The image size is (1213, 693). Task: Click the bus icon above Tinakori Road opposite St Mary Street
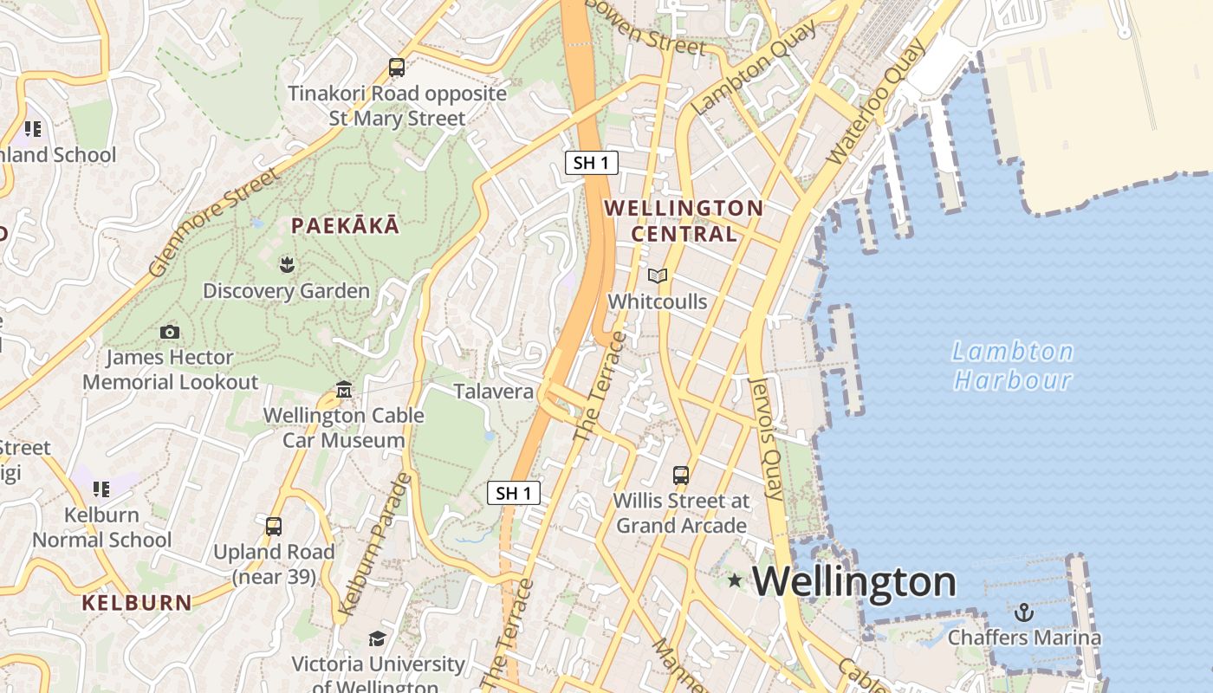tap(397, 68)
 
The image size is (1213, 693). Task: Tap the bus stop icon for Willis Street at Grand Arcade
tap(681, 475)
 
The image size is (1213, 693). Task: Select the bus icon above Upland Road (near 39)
tap(274, 526)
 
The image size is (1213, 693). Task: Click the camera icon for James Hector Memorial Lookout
tap(170, 332)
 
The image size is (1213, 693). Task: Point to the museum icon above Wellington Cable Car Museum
tap(344, 390)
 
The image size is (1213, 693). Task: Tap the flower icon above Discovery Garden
tap(286, 264)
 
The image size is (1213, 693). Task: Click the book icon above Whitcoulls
tap(658, 275)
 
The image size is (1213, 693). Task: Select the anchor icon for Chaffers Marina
tap(1024, 612)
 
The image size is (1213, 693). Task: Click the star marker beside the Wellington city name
tap(735, 580)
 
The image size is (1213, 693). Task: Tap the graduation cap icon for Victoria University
tap(377, 638)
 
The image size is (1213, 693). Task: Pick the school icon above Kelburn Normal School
tap(102, 489)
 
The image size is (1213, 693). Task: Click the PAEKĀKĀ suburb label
tap(346, 226)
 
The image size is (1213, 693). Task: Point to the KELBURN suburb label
tap(137, 603)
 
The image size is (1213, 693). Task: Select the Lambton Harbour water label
tap(1013, 366)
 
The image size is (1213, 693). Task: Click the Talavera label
tap(494, 392)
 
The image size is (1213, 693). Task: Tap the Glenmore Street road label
tap(214, 222)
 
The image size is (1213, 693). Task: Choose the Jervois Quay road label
tap(766, 438)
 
